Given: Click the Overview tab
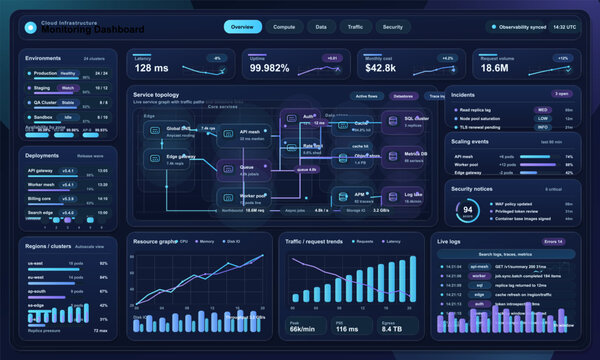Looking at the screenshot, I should coord(242,27).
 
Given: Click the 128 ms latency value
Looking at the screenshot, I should coord(152,68).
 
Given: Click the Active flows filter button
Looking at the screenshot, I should coord(367,96).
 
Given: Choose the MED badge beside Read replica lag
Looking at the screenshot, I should coord(542,110).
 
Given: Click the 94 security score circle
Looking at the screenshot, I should coord(467,211).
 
